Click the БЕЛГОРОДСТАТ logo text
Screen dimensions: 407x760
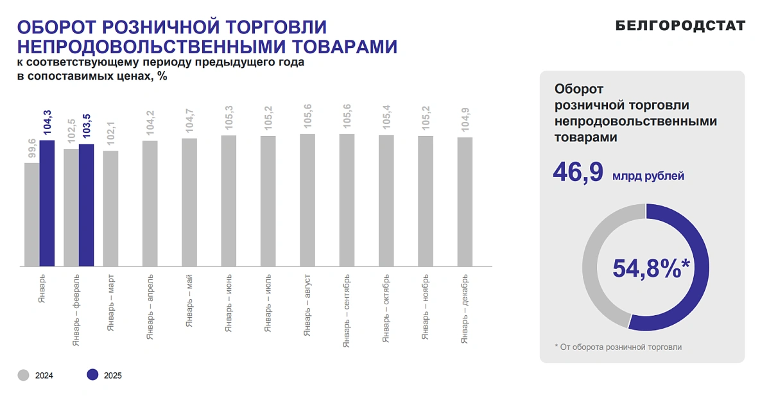click(680, 26)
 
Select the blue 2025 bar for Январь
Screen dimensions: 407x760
click(47, 203)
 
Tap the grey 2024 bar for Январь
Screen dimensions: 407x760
click(31, 214)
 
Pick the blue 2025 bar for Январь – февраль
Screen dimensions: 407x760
click(87, 205)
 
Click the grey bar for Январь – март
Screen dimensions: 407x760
click(110, 208)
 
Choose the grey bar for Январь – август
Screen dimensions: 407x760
click(307, 200)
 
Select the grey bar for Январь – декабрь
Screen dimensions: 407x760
click(465, 201)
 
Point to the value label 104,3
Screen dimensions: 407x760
click(47, 123)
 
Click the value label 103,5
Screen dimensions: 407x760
click(87, 126)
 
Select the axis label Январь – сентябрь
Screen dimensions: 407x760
click(347, 311)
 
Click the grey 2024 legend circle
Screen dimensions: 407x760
click(24, 376)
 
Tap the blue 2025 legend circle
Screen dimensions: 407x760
click(92, 376)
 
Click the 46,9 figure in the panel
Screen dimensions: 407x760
click(578, 173)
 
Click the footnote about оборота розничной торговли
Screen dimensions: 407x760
click(618, 347)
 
